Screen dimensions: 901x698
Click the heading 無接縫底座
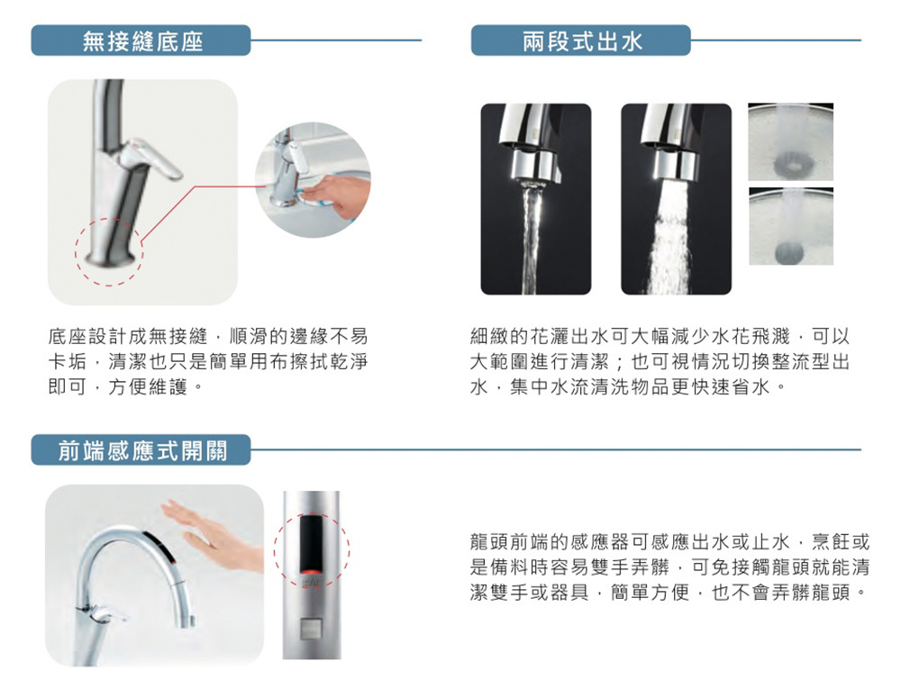[142, 41]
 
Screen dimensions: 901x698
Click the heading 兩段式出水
[582, 41]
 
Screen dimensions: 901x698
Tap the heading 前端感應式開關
[142, 450]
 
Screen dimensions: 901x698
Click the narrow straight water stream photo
[535, 199]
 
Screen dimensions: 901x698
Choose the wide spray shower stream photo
[677, 199]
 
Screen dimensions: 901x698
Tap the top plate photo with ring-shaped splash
[791, 142]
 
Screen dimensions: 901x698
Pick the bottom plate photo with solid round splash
[791, 226]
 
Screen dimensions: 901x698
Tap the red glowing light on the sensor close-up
[312, 571]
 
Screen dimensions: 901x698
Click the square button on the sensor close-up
[312, 628]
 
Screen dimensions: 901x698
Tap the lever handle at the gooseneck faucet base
[104, 615]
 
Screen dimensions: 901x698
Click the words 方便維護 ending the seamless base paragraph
[149, 386]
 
